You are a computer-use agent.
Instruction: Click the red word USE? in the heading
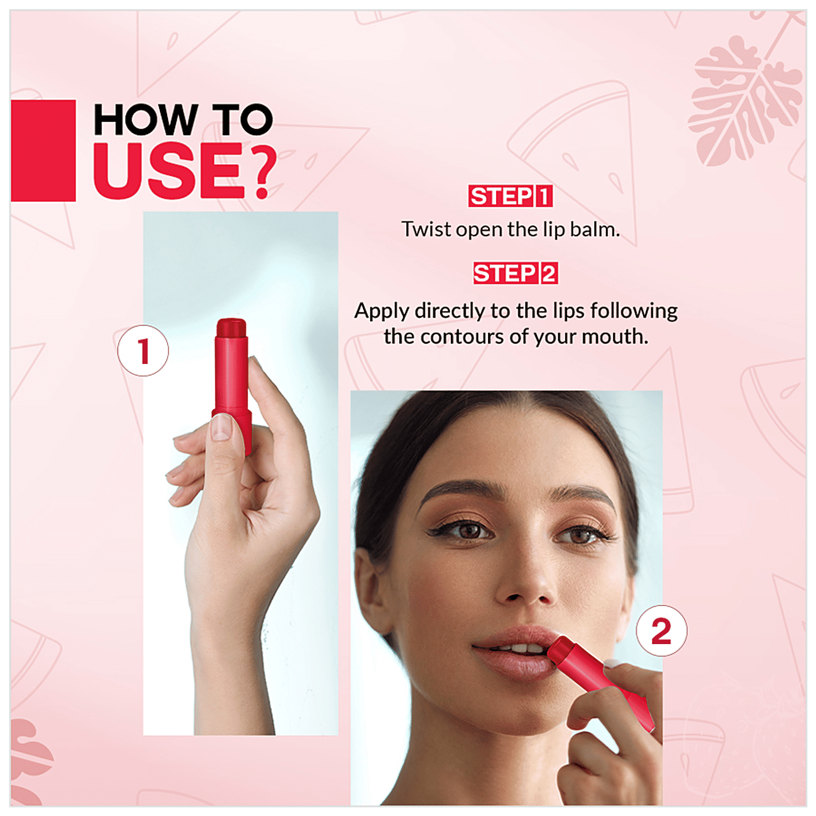click(185, 171)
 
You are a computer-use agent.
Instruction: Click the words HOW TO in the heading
click(183, 120)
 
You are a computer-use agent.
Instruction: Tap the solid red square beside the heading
click(43, 151)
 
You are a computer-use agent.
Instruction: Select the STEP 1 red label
click(510, 196)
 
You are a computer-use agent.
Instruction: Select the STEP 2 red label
click(515, 273)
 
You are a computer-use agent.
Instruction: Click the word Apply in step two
click(382, 312)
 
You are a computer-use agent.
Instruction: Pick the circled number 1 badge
click(143, 350)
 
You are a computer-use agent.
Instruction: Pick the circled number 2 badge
click(662, 631)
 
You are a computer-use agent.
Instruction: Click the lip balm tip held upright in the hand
click(231, 327)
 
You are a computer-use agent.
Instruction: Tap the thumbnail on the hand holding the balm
click(221, 426)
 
